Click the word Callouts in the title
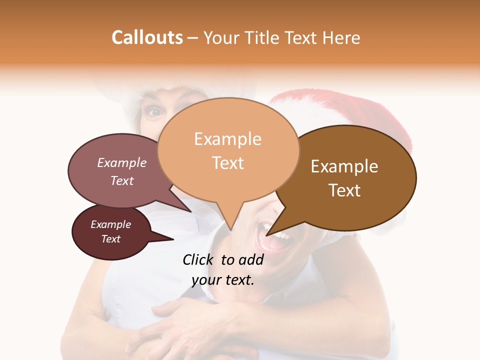[147, 37]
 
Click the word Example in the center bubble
[227, 139]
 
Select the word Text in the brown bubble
[344, 190]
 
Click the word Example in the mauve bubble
[121, 163]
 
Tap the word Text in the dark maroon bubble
[110, 239]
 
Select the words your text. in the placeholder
[223, 280]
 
